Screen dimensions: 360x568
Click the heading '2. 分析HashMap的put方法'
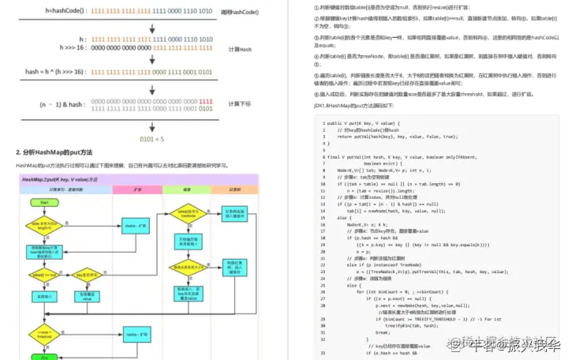coord(54,152)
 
